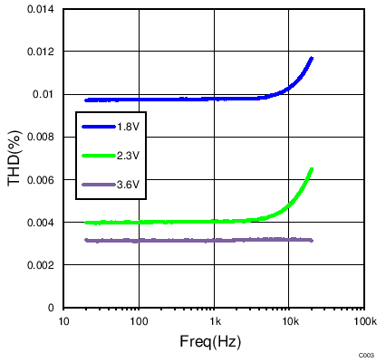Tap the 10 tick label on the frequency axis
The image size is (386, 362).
click(x=64, y=322)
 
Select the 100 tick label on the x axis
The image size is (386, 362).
click(x=139, y=322)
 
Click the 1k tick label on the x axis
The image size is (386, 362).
click(x=215, y=322)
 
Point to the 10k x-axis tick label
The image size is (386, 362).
click(x=289, y=322)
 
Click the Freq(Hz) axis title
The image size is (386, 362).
click(x=214, y=343)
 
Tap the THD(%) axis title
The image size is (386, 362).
click(x=15, y=158)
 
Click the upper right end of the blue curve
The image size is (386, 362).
click(x=312, y=58)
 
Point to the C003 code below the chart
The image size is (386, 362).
click(x=366, y=355)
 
